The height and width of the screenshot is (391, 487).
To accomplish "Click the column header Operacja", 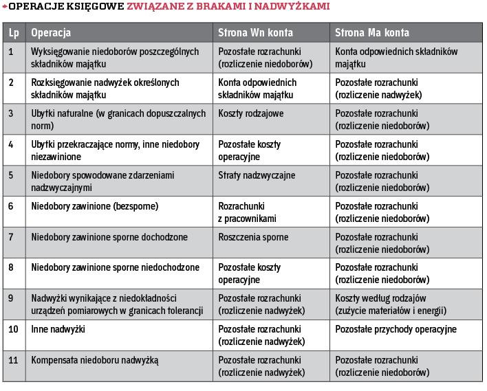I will [51, 32].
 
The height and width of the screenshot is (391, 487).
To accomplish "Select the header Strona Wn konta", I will [256, 32].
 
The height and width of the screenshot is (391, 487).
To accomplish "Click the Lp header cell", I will [14, 32].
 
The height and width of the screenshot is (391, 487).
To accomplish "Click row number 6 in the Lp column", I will [11, 206].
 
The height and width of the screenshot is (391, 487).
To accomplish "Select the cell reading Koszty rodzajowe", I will [250, 113].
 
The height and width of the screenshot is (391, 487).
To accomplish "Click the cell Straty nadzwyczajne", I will [257, 175].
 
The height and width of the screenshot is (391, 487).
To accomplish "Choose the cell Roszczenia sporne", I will [253, 237].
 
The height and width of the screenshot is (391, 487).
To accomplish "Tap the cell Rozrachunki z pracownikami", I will [247, 212].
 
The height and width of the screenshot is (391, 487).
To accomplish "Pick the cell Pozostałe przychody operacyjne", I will [396, 330].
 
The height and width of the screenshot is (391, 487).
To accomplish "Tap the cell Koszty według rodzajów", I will [381, 298].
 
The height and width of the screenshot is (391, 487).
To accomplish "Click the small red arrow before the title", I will [5, 8].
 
